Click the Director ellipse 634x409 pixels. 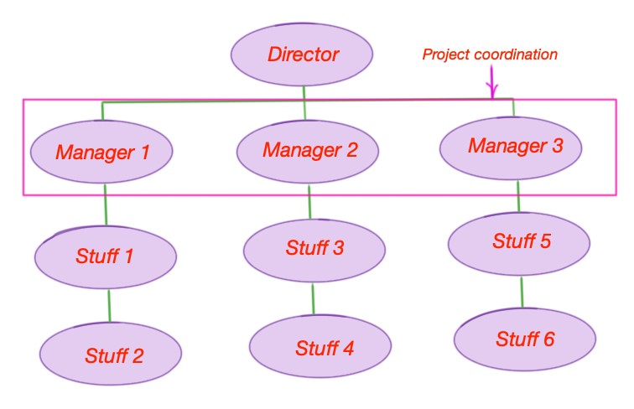302,54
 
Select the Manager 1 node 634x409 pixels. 101,152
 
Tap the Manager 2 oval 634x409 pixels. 307,151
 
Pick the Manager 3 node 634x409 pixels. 511,148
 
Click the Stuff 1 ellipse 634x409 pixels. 106,257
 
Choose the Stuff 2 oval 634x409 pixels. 111,354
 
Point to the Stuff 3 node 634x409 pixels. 314,251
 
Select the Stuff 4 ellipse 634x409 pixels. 320,346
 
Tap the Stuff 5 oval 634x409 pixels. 519,244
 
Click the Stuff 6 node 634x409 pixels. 525,339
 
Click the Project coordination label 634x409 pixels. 490,54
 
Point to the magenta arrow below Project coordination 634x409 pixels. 492,82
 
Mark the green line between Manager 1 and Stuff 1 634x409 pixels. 106,204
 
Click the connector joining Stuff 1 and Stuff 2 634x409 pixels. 109,306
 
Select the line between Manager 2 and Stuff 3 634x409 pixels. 309,202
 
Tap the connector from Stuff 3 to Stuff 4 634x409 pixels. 313,299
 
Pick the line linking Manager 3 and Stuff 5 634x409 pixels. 518,196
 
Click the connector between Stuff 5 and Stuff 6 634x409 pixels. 522,293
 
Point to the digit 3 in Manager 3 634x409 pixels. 558,146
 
